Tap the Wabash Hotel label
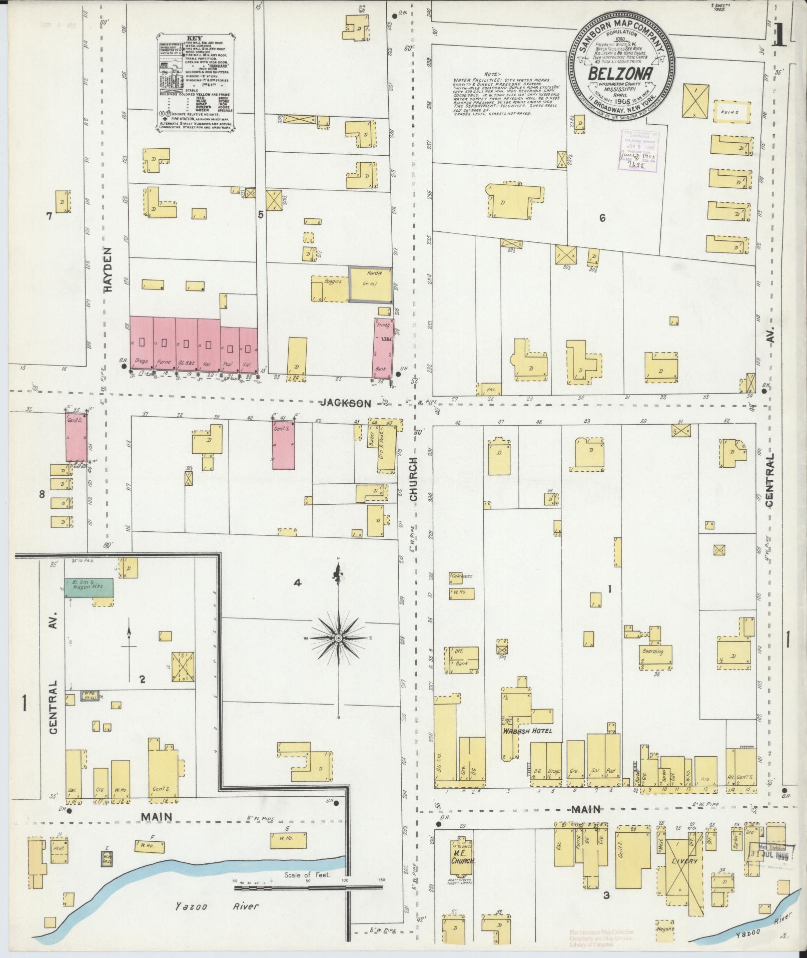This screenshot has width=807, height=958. click(x=527, y=731)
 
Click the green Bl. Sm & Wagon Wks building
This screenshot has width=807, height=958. click(x=89, y=587)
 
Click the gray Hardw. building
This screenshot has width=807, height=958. click(x=370, y=284)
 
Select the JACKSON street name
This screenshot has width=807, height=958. click(x=346, y=403)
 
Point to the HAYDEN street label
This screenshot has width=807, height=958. click(x=110, y=269)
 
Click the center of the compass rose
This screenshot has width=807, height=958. click(x=339, y=638)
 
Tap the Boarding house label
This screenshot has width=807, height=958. click(x=653, y=652)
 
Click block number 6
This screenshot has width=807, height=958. click(x=602, y=218)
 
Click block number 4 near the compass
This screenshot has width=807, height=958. click(x=298, y=582)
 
